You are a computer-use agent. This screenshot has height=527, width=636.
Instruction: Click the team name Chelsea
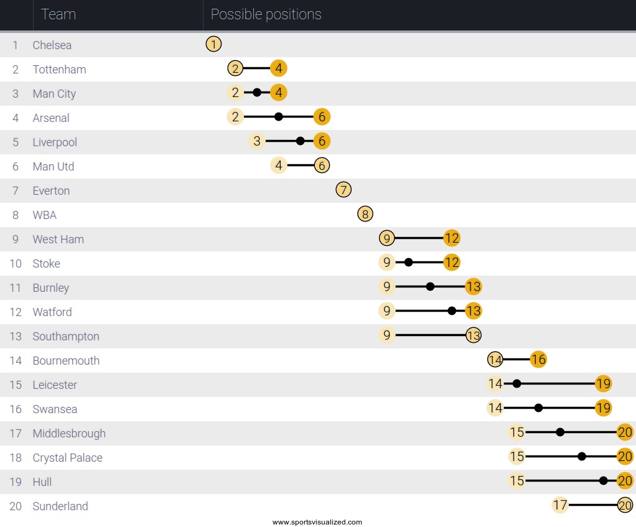(x=52, y=45)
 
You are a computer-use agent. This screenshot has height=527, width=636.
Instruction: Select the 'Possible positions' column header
(x=266, y=14)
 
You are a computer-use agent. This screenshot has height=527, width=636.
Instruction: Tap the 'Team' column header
(x=58, y=14)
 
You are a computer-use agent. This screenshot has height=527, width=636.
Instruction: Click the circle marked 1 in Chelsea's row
(x=213, y=44)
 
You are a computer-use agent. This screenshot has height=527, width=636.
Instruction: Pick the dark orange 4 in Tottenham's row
(x=279, y=68)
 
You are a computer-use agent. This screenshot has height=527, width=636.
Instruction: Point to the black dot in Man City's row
(x=257, y=93)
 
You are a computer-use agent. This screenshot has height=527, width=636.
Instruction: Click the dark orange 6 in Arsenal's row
(x=322, y=117)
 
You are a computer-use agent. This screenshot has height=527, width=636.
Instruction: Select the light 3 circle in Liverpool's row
(x=257, y=141)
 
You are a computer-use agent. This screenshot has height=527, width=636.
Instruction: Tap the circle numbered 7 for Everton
(x=344, y=190)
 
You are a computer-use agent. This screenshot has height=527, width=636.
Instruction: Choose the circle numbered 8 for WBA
(x=365, y=214)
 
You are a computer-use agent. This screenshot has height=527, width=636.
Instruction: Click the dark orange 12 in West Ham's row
(x=452, y=238)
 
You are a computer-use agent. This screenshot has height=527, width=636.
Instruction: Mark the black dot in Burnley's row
(x=430, y=287)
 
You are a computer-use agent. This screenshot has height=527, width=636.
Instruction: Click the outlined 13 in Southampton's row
(x=474, y=335)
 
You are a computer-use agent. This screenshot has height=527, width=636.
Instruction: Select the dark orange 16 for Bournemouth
(x=538, y=360)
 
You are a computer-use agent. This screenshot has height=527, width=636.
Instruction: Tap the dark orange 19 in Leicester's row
(x=603, y=384)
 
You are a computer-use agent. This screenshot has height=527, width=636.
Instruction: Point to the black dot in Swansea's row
(x=538, y=408)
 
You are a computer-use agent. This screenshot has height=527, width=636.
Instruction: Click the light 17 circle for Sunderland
(x=560, y=505)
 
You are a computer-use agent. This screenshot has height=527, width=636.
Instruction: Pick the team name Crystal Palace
(x=67, y=458)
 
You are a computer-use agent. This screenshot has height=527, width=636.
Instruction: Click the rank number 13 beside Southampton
(x=16, y=337)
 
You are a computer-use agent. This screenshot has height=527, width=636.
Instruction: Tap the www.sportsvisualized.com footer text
(x=317, y=522)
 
